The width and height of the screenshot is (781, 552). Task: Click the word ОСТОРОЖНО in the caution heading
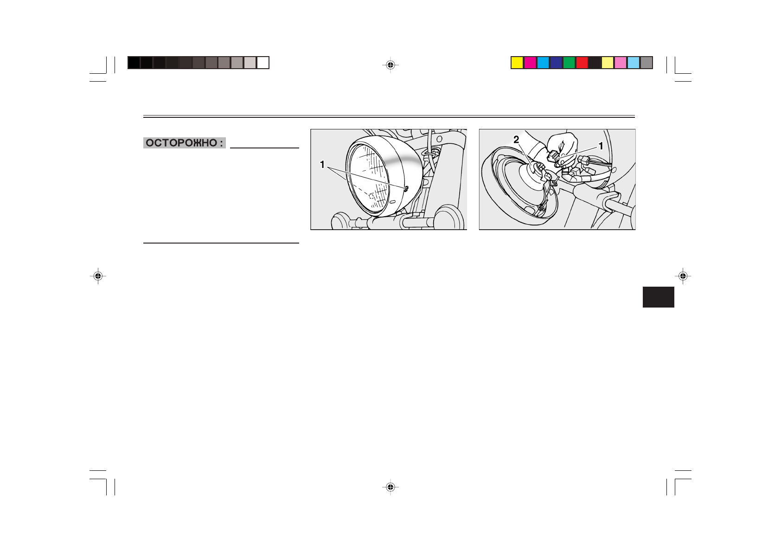click(x=181, y=143)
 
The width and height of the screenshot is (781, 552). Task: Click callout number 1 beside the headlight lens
click(x=322, y=164)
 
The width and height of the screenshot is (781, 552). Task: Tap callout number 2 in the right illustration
click(x=516, y=140)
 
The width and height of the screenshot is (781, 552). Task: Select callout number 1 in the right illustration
click(x=601, y=146)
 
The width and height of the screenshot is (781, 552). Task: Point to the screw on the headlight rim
click(x=406, y=188)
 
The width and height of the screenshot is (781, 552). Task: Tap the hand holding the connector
click(x=562, y=146)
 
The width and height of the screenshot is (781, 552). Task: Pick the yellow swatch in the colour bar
click(x=517, y=63)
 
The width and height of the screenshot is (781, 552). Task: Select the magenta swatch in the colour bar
click(x=530, y=63)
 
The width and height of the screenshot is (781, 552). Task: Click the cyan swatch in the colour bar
click(x=543, y=63)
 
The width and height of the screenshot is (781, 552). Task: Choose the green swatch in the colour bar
click(x=569, y=63)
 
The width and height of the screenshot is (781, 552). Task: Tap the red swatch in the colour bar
click(x=582, y=63)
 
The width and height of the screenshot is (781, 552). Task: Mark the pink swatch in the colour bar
click(x=621, y=63)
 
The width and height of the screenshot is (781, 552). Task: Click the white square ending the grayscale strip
click(x=263, y=63)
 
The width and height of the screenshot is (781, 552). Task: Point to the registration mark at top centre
click(x=390, y=65)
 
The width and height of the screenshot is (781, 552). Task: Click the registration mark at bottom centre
click(x=390, y=487)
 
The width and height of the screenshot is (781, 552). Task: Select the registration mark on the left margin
click(x=98, y=276)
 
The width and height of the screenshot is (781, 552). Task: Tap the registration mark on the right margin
click(x=683, y=276)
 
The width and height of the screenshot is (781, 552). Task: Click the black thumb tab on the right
click(x=658, y=297)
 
